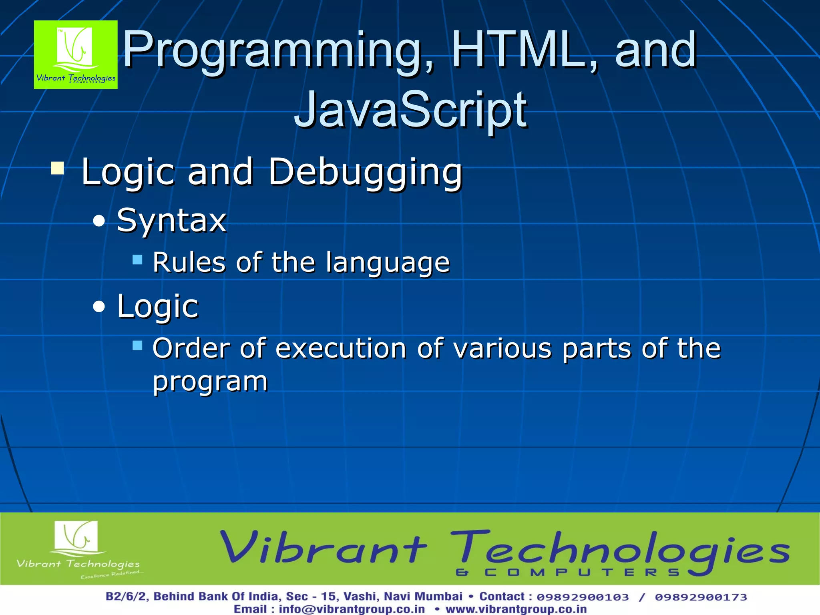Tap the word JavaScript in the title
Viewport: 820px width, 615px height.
click(x=410, y=110)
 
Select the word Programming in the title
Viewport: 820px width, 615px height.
click(x=276, y=51)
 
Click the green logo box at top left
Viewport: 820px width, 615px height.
click(x=76, y=55)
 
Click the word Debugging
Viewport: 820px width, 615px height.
click(x=365, y=172)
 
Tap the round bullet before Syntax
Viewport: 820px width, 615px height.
click(x=99, y=221)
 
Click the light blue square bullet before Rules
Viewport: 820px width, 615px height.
click(x=137, y=260)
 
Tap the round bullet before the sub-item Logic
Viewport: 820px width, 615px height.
click(x=99, y=307)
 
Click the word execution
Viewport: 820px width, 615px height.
click(x=341, y=348)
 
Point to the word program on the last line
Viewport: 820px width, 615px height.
click(x=210, y=382)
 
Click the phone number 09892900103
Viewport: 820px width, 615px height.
click(x=583, y=597)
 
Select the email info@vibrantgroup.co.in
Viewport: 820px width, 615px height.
click(x=352, y=609)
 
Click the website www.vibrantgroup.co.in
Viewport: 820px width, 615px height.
click(x=516, y=609)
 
